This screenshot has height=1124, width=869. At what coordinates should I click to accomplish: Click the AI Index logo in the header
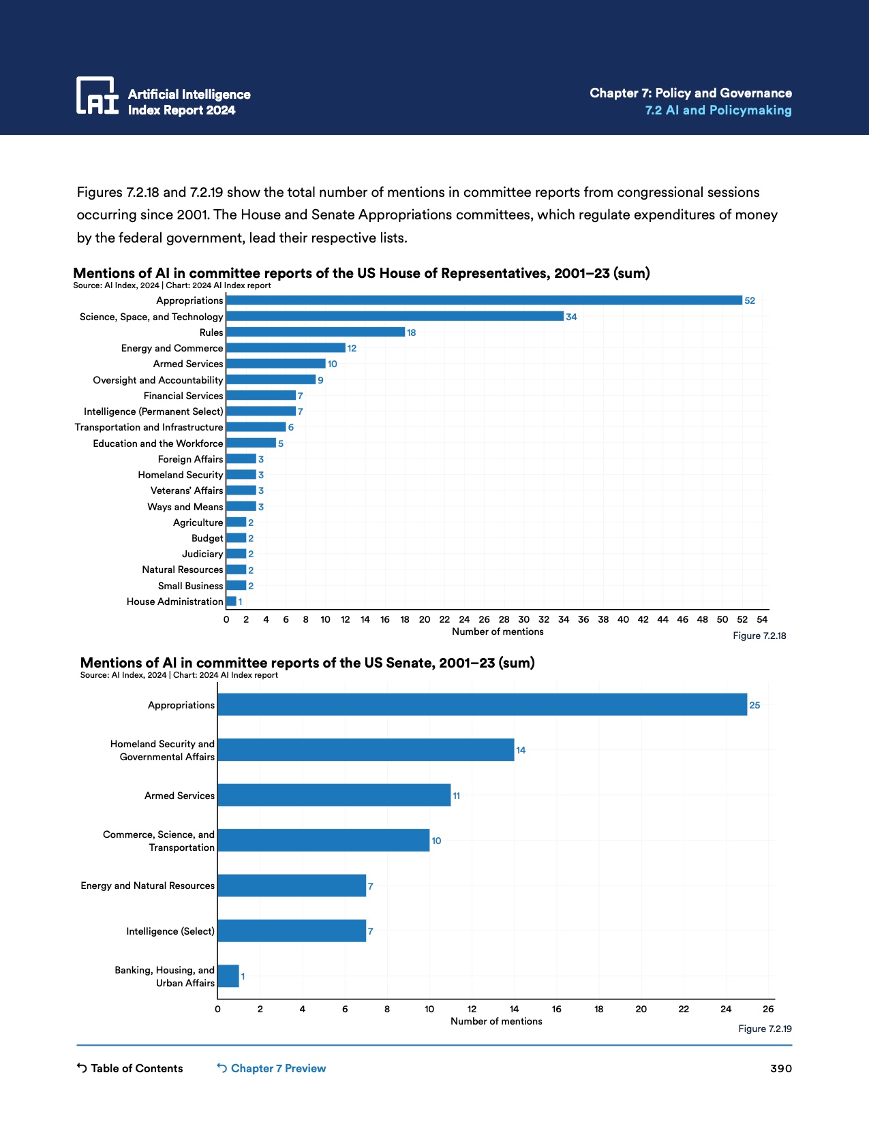(97, 95)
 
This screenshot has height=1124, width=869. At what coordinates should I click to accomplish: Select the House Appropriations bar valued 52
(484, 300)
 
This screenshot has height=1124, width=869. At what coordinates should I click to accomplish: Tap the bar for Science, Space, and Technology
(395, 317)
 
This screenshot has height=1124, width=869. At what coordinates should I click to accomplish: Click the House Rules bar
(316, 332)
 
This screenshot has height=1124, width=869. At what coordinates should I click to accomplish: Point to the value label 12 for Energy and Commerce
(352, 348)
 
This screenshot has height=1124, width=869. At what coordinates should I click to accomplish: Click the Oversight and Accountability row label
(158, 380)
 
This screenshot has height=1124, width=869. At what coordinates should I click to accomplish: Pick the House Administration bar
(231, 602)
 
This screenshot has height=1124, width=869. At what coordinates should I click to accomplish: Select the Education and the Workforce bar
(251, 443)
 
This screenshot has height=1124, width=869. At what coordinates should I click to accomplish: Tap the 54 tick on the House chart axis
(762, 619)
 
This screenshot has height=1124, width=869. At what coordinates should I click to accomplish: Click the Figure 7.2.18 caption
(759, 636)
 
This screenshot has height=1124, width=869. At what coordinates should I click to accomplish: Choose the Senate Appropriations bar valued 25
(482, 705)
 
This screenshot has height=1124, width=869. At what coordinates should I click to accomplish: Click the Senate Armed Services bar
(334, 795)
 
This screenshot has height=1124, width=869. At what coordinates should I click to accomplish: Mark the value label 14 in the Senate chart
(521, 750)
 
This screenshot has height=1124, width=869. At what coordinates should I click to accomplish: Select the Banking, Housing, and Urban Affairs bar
(228, 976)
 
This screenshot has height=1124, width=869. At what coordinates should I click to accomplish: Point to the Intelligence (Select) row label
(170, 931)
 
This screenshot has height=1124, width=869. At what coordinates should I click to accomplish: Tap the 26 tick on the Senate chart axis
(768, 1009)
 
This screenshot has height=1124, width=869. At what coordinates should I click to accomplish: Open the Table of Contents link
(130, 1068)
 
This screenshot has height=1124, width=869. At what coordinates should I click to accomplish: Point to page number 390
(781, 1068)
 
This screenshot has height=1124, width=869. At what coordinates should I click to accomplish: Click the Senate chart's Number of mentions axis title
(496, 1021)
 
